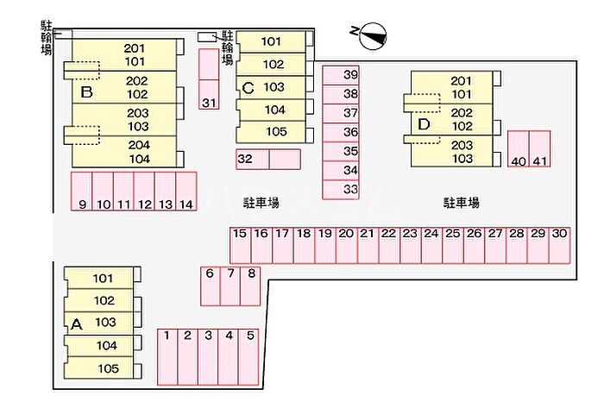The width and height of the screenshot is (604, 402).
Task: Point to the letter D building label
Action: pos(424,124)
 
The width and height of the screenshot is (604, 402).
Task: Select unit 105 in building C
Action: pos(274,132)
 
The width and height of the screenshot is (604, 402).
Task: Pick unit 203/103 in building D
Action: pos(461,152)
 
